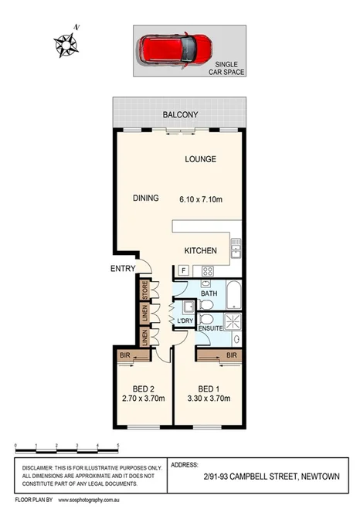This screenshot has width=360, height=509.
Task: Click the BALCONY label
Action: click(x=180, y=115)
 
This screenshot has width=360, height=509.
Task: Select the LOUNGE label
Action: click(x=200, y=159)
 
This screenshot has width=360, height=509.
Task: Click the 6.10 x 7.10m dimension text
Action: click(x=201, y=199)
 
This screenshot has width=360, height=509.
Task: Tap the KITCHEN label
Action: click(x=199, y=251)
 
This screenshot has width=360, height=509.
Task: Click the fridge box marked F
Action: click(x=184, y=270)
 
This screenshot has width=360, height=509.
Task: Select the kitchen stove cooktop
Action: click(x=207, y=270)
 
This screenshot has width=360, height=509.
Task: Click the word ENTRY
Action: click(x=122, y=269)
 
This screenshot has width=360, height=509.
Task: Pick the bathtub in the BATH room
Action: click(x=234, y=294)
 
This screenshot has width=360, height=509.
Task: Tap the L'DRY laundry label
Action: click(x=185, y=321)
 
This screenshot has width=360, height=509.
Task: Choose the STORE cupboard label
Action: click(x=144, y=290)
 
